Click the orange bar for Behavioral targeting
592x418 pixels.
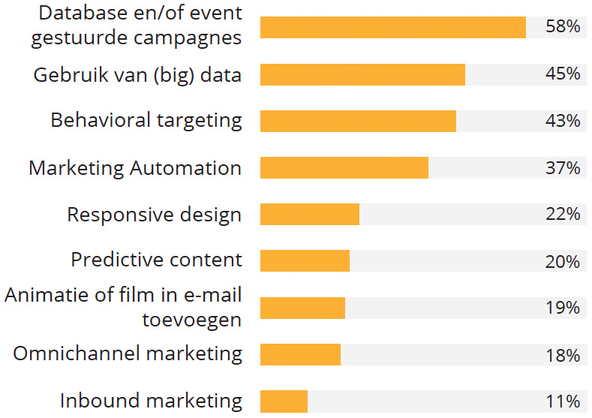click(358, 121)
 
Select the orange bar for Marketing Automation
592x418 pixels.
click(344, 167)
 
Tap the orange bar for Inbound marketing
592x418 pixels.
click(284, 401)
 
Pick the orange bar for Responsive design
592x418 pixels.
click(310, 214)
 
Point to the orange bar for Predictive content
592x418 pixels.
click(305, 260)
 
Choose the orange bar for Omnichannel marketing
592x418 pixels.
click(300, 354)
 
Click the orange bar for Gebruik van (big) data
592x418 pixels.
click(362, 74)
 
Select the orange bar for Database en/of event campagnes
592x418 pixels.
click(392, 27)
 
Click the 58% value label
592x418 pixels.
click(563, 27)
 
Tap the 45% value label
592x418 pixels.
click(563, 74)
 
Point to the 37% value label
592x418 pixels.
click(563, 167)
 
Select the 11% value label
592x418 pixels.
click(563, 401)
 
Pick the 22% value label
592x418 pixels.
click(563, 214)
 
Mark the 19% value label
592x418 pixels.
click(563, 308)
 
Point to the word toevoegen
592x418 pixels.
click(192, 320)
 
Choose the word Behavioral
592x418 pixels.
click(100, 120)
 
